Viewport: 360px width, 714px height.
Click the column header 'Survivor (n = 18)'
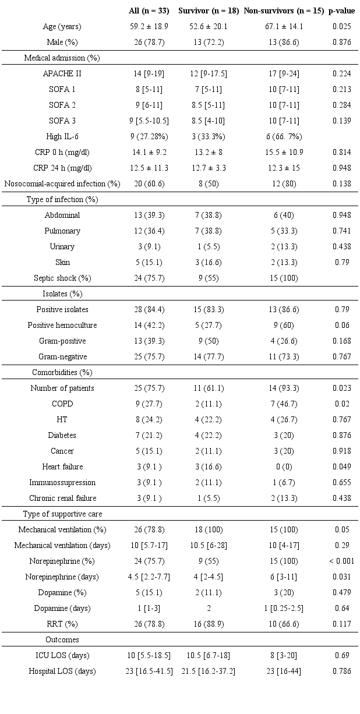[x=208, y=11]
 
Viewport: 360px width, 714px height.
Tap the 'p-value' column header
[x=341, y=11]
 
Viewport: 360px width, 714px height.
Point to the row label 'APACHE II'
[x=62, y=74]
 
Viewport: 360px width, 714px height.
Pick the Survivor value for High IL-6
[x=208, y=137]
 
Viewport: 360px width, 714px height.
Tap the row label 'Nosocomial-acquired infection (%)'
[x=62, y=184]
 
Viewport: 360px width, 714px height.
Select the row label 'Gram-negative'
[x=62, y=357]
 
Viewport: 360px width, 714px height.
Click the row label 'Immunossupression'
[x=62, y=483]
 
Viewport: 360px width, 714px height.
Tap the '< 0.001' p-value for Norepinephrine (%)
[x=341, y=561]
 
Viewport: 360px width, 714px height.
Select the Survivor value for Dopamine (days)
[x=208, y=609]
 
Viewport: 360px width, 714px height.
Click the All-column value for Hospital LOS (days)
[x=149, y=671]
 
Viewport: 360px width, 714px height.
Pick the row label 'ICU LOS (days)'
[x=62, y=656]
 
